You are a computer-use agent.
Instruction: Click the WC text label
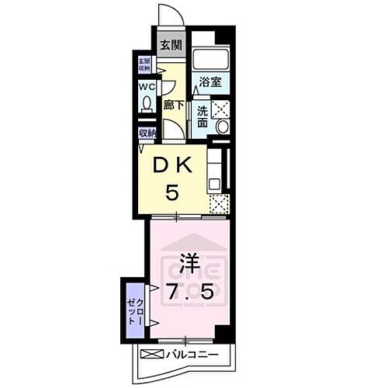(145, 87)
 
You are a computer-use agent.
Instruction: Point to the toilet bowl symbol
(145, 104)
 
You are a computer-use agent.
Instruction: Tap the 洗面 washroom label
(203, 116)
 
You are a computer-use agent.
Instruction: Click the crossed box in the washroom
(220, 109)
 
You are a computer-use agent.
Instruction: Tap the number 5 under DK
(175, 191)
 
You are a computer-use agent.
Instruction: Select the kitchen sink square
(215, 184)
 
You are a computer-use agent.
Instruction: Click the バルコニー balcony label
(191, 355)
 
